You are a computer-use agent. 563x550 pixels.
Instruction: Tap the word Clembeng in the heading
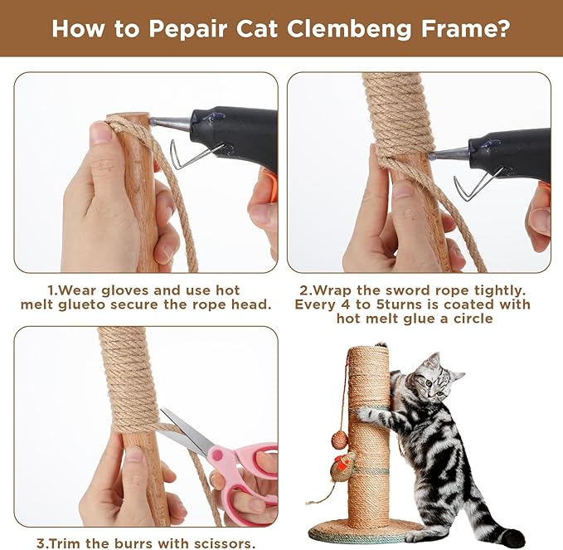click(349, 29)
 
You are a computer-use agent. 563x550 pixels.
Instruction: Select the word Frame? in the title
click(465, 28)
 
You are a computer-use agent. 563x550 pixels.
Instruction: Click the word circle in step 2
click(473, 319)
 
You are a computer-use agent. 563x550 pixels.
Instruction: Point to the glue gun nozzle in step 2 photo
click(449, 153)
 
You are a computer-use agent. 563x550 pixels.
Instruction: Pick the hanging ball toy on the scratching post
click(340, 439)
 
